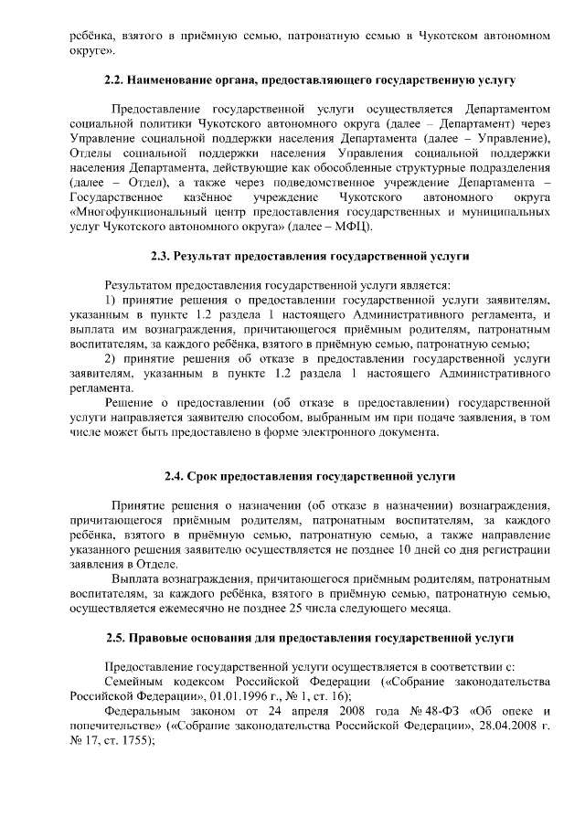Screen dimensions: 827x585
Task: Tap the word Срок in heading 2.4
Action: (203, 476)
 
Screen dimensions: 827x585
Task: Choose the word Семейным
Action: (134, 681)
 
